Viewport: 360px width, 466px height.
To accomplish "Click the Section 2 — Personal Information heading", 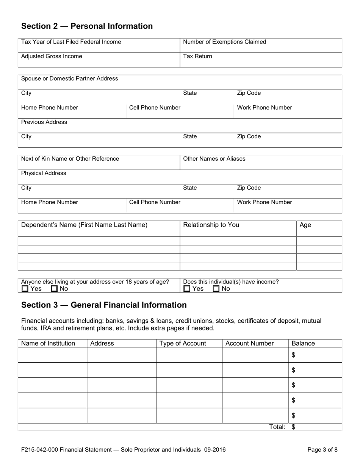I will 87,26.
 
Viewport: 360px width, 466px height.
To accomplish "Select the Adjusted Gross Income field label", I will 52,56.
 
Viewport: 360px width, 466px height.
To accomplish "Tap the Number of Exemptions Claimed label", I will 224,42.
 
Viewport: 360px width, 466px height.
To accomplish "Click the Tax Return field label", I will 197,56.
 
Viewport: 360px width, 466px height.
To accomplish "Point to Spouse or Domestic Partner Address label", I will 69,79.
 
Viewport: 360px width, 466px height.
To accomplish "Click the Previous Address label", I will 44,122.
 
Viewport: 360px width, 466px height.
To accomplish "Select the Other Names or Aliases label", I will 214,159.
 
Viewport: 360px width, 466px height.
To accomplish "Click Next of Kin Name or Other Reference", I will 70,159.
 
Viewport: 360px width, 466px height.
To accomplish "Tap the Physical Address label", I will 44,173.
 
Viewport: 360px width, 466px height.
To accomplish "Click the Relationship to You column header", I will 211,225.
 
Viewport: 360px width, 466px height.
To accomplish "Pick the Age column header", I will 305,225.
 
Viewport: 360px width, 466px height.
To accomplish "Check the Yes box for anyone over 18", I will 25,289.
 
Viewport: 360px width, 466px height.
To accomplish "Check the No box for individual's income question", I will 216,289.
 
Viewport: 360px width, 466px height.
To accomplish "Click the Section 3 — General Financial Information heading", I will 104,305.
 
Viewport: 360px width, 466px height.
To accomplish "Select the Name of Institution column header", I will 48,344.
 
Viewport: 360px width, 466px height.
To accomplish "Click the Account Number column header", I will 249,344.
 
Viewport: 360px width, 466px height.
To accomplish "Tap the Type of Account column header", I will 183,344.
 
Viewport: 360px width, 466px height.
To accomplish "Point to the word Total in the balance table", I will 277,427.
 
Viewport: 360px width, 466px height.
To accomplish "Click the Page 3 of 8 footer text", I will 322,450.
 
